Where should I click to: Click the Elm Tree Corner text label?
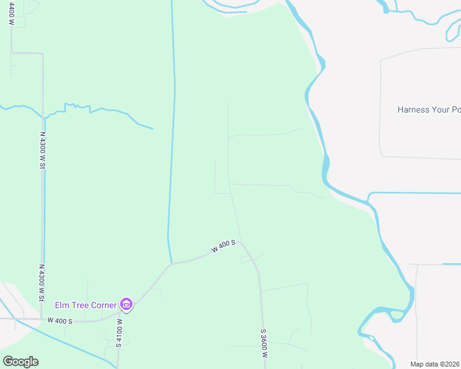coord(85,304)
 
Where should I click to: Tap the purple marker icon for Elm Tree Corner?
coord(126,303)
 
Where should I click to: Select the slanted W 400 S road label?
coord(223,246)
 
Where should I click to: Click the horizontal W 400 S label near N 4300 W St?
coord(60,321)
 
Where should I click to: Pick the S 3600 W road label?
coord(263,343)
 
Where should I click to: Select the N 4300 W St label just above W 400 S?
coord(42,283)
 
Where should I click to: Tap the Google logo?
coord(20,362)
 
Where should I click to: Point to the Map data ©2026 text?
coord(435,364)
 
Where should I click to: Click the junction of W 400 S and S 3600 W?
coord(241,242)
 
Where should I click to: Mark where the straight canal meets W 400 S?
coord(171,263)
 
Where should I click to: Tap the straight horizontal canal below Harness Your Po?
coord(419,193)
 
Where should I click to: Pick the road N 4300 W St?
coord(43,215)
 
